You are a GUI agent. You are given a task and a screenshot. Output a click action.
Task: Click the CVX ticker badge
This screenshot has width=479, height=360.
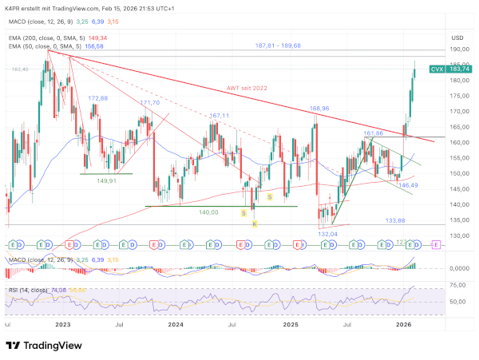coord(437,69)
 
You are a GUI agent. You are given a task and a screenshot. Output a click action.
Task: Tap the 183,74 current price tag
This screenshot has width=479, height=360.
coord(458,69)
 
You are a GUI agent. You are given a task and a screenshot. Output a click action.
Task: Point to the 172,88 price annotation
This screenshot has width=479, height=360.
coord(97,98)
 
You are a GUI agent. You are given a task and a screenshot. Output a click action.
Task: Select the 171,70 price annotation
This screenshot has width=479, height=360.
coord(150,103)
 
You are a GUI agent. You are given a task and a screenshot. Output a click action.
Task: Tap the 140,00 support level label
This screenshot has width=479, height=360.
coord(209,212)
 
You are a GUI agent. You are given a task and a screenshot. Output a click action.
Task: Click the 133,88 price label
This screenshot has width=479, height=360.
coord(397,220)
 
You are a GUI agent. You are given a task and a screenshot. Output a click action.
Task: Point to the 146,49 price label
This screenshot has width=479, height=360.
coord(409,185)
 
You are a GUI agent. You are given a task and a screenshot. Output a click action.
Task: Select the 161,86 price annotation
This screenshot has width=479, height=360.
coord(374,133)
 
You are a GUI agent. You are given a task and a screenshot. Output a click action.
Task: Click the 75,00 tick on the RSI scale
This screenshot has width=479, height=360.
coord(457,284)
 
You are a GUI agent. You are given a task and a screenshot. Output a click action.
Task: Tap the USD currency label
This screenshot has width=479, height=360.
coord(457,38)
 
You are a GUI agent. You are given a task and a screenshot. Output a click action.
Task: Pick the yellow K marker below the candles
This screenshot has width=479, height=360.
coord(255,224)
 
